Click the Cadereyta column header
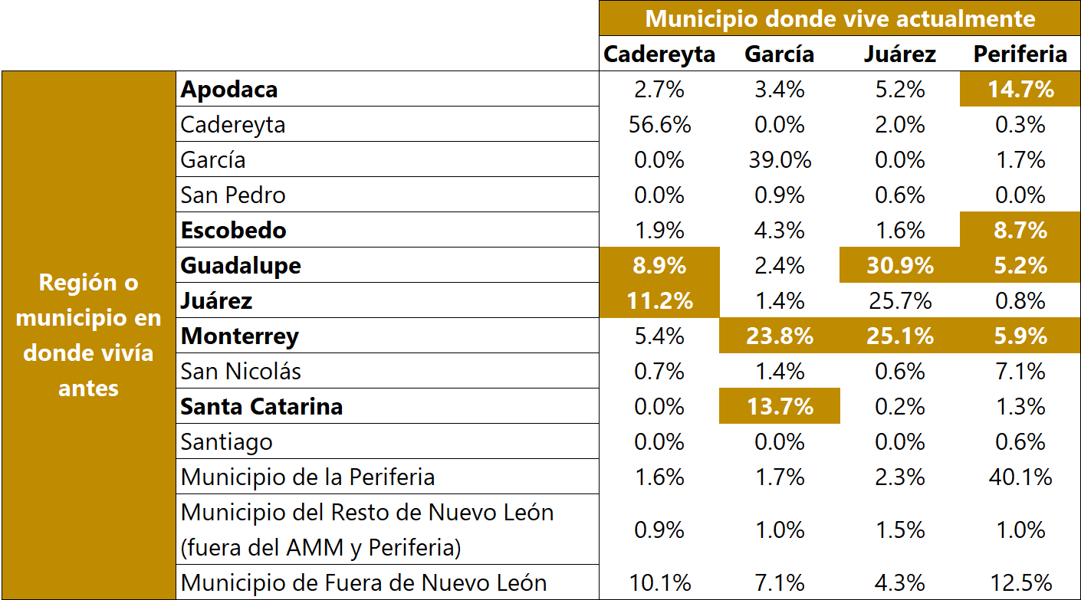click(659, 54)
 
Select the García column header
click(779, 54)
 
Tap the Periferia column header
click(1020, 54)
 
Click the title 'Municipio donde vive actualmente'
click(840, 18)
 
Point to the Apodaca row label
click(229, 90)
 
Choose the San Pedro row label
click(233, 195)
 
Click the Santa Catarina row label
click(261, 406)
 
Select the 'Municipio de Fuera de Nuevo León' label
click(363, 582)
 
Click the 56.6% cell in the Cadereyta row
click(659, 125)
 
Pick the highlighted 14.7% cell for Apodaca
click(1020, 90)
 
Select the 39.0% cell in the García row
click(780, 160)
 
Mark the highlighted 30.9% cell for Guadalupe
click(899, 266)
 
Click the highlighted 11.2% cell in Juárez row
click(659, 301)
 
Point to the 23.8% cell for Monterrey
click(780, 336)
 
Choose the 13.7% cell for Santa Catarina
click(780, 406)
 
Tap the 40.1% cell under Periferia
click(1020, 477)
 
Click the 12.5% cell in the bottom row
click(1020, 582)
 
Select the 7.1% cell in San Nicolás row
click(1020, 372)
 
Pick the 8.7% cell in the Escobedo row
click(1020, 231)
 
